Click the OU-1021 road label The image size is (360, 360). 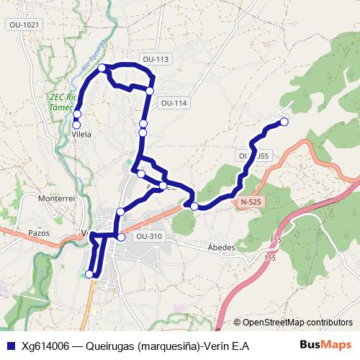coord(25,24)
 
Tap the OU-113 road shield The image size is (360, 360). coord(156,59)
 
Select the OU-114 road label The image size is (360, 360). coord(174,103)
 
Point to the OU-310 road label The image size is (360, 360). coord(148,236)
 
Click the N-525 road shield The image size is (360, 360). coord(250,202)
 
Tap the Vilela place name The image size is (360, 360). coord(81,134)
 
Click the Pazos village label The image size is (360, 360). coord(37,233)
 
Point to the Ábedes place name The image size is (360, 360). coord(221,247)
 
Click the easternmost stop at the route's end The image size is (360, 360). coord(284,122)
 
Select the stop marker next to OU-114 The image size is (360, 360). coord(150,91)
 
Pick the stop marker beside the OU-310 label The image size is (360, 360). coord(121,237)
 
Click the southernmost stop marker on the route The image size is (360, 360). coord(90,274)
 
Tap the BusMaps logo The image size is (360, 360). coord(325,346)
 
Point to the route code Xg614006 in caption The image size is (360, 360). coord(45,346)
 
